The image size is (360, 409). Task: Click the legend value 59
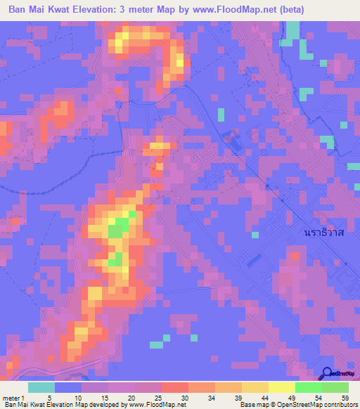pos(344,397)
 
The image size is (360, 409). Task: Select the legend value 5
pos(50,397)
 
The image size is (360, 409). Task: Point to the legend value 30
pos(184,397)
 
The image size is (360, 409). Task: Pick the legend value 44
pos(264,397)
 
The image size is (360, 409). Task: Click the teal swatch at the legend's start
pos(41,387)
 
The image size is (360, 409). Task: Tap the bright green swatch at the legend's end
pos(335,387)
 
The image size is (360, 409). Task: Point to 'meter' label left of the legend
pos(12,397)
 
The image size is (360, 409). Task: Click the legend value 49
pos(290,397)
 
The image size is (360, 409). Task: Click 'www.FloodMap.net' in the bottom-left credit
pos(149,405)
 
